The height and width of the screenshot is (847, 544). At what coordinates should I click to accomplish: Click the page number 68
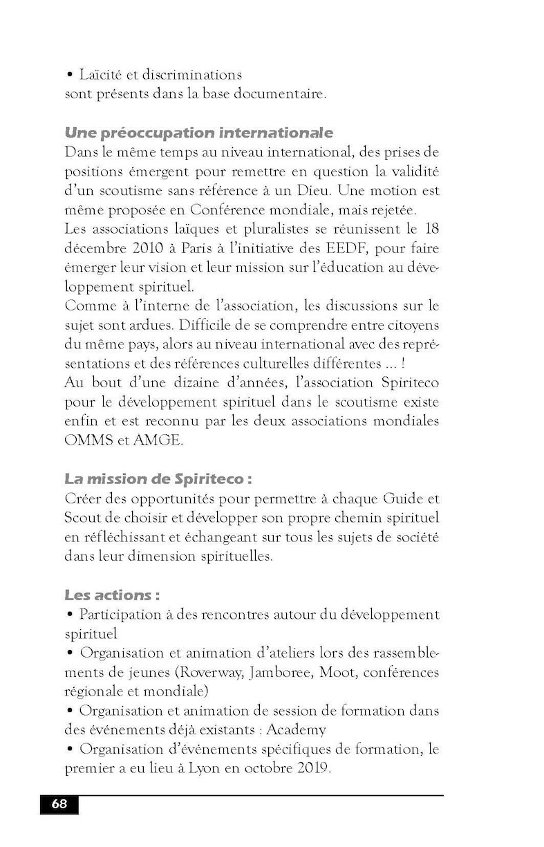[59, 804]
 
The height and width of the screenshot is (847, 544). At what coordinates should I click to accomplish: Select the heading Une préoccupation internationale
[199, 132]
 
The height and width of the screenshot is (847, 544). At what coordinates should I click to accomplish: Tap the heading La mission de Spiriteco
[158, 478]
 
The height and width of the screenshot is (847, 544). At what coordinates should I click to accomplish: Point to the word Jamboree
[285, 672]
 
